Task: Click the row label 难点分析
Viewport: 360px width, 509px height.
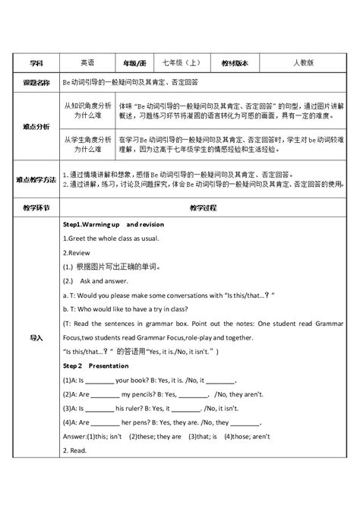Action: pos(36,129)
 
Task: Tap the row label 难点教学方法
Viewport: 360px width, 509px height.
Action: pos(36,179)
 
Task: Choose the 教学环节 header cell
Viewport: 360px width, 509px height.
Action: pos(36,206)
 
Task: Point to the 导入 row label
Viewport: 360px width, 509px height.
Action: pos(36,337)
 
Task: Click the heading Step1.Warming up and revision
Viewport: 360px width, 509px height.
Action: pos(113,225)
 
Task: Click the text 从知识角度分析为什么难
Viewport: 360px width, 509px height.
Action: pos(87,103)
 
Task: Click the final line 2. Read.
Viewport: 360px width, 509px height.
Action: pos(76,451)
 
